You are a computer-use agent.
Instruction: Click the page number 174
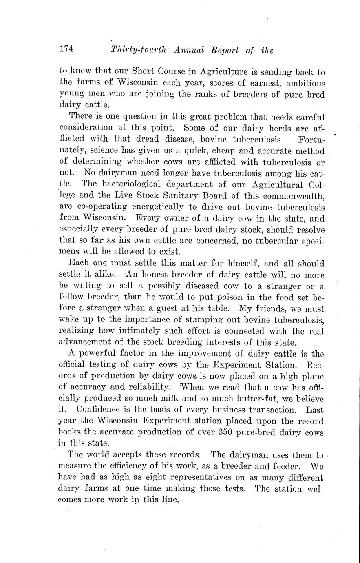click(66, 49)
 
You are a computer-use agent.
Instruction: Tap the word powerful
click(97, 353)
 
